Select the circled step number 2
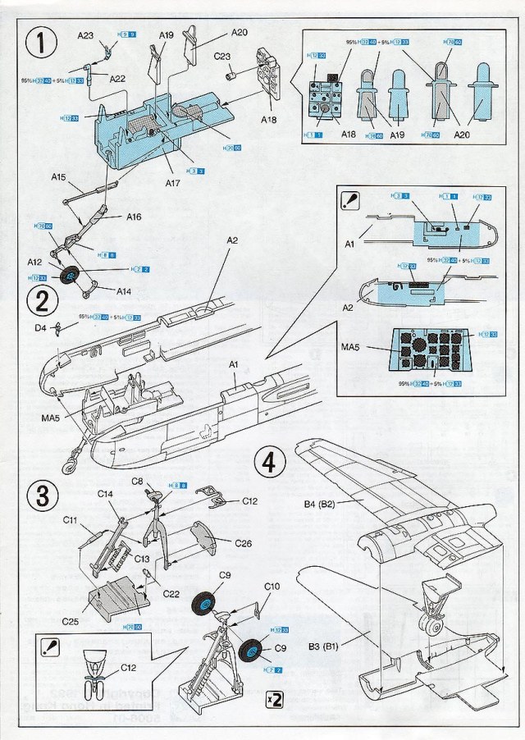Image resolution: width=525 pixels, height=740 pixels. click(x=40, y=301)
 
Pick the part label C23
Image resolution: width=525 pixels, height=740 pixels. click(x=222, y=57)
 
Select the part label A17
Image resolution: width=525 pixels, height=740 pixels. click(x=172, y=182)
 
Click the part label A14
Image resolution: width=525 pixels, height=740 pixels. click(x=124, y=290)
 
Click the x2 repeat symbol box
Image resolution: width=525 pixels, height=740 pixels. click(x=275, y=700)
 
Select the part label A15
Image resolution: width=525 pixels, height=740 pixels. click(x=58, y=177)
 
